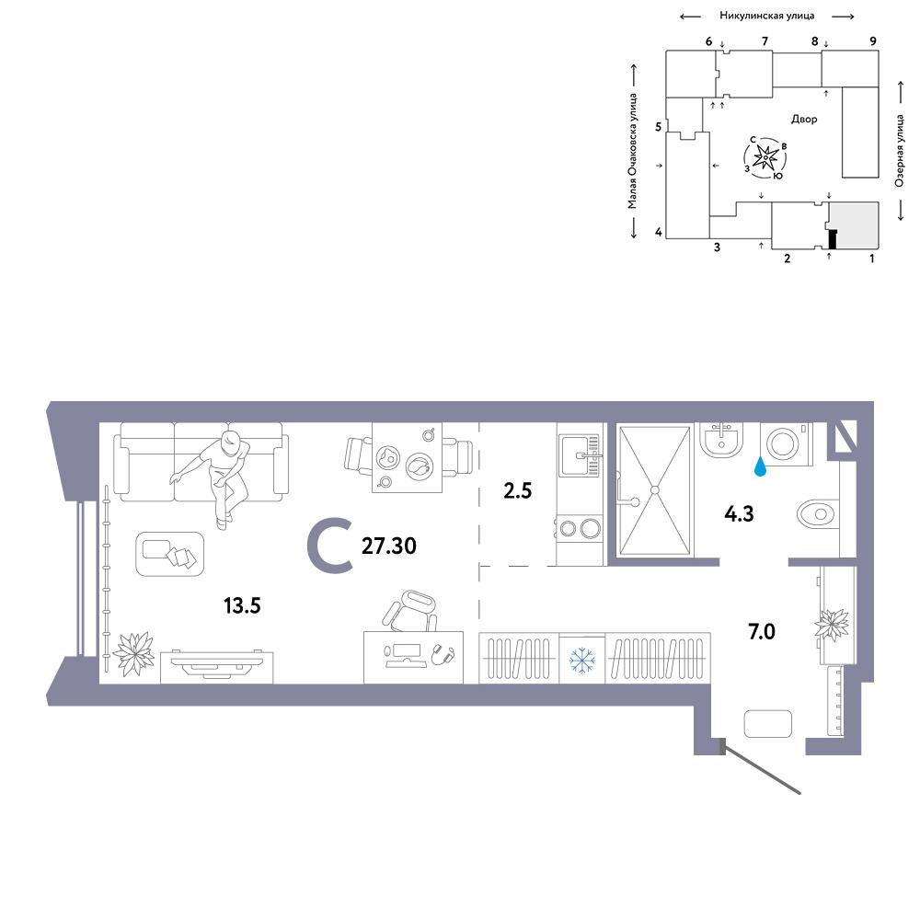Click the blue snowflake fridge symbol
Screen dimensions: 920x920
point(582,660)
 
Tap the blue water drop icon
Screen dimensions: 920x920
point(760,466)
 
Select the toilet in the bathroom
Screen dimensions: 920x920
point(818,514)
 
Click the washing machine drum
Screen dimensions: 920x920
point(781,443)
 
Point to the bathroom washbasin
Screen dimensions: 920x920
point(721,440)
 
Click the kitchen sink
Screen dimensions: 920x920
point(579,455)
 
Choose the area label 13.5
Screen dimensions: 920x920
point(242,605)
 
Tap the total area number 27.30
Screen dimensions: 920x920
point(389,546)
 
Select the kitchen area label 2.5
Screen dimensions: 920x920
point(517,490)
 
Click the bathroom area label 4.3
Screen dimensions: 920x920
point(739,514)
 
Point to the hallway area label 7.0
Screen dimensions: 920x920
point(762,631)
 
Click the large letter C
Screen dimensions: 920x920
point(330,545)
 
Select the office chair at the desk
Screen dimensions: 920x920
point(410,612)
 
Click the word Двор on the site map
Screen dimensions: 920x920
point(804,119)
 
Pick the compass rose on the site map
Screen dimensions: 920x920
point(765,157)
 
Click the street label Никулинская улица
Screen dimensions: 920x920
point(767,16)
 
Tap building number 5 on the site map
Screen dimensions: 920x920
point(659,127)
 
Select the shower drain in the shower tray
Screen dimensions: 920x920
point(655,490)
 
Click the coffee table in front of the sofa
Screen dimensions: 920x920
point(169,554)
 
